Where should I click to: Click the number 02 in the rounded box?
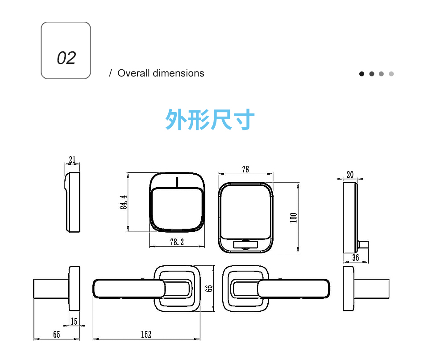coord(66,58)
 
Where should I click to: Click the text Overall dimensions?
coord(161,73)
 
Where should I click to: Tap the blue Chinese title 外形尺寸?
coord(210,120)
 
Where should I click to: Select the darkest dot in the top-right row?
coord(362,74)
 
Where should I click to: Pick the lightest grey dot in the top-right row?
coord(391,74)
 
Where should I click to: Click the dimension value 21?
coord(72,159)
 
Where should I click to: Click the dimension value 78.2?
coord(177,242)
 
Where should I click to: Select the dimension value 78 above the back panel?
coord(245,169)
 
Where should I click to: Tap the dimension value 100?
coord(293,218)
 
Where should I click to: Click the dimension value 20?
coord(349,174)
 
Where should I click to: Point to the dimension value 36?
coord(355,258)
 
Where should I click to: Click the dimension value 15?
coord(74,321)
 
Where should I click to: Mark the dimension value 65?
coord(56,335)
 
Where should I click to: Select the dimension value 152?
coord(146,335)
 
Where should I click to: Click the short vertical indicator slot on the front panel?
coord(177,182)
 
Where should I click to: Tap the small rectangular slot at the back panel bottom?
coord(245,245)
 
